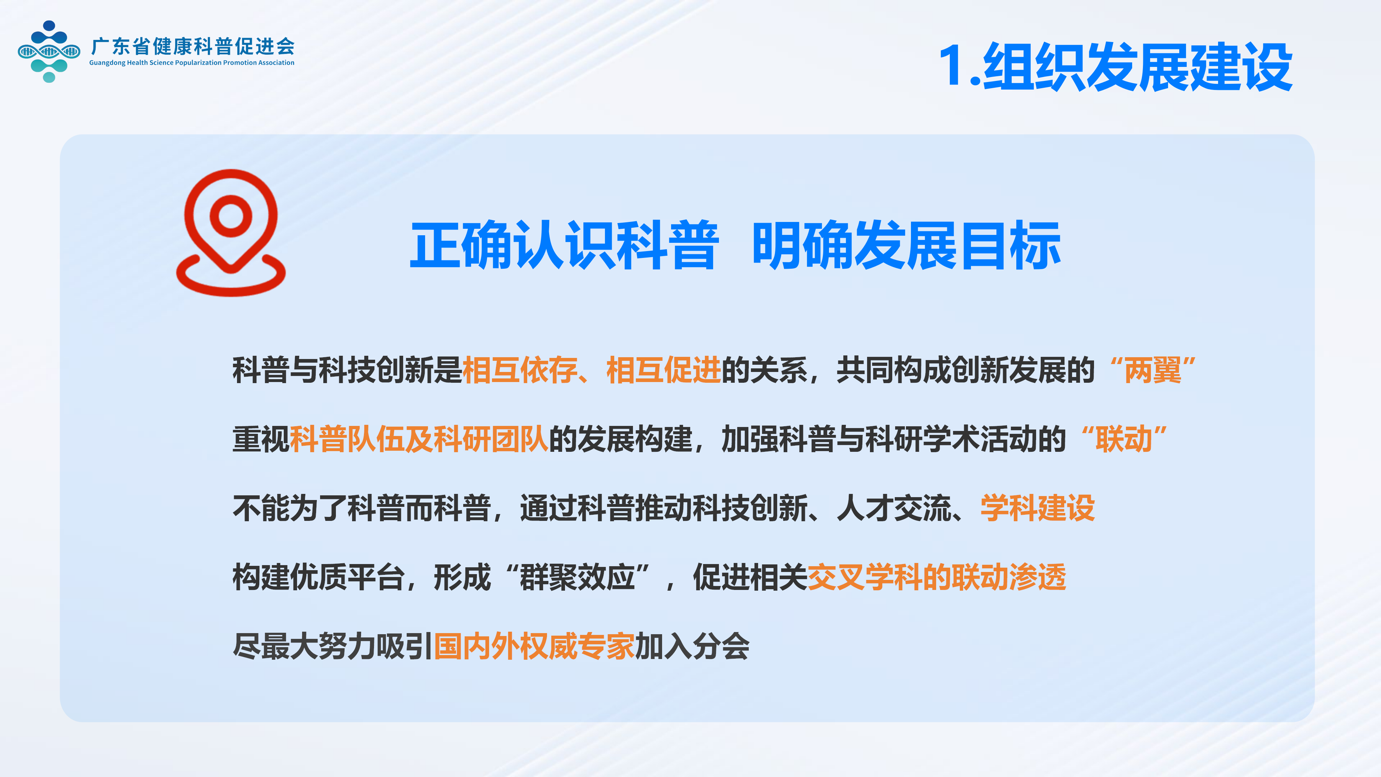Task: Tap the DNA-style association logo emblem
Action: (x=49, y=51)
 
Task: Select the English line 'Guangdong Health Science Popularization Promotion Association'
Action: (x=191, y=63)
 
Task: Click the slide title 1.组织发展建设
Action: (x=1116, y=67)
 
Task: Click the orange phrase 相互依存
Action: (x=519, y=370)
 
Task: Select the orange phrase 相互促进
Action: (x=664, y=370)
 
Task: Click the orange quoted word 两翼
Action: (x=1153, y=370)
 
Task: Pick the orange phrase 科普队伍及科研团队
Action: (x=419, y=439)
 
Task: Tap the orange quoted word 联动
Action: (x=1124, y=439)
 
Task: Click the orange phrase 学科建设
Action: (x=1037, y=508)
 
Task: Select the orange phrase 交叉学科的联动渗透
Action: (x=936, y=577)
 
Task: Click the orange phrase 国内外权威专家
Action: (x=534, y=646)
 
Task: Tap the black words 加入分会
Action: (x=692, y=646)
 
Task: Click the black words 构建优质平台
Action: (x=318, y=577)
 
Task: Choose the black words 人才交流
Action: (x=894, y=508)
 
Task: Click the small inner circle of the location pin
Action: (x=231, y=216)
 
